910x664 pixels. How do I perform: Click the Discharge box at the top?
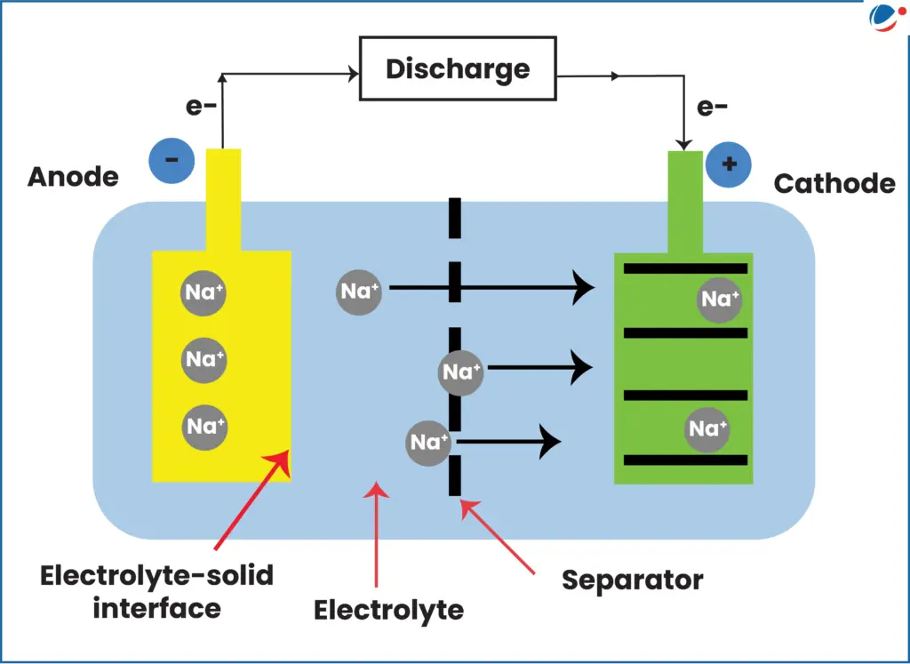(x=457, y=68)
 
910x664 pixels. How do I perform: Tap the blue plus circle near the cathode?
(x=729, y=164)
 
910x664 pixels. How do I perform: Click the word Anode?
(x=73, y=176)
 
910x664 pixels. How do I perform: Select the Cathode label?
(x=834, y=183)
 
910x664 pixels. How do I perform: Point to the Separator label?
(x=632, y=580)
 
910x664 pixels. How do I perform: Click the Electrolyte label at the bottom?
(x=388, y=610)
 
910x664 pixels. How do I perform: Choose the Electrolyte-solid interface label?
(x=156, y=591)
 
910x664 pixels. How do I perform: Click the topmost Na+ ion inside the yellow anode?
(x=204, y=292)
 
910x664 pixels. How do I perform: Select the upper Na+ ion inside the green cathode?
(x=720, y=300)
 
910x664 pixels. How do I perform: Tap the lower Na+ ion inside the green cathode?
(x=707, y=429)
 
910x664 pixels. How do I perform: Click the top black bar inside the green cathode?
(x=684, y=268)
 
